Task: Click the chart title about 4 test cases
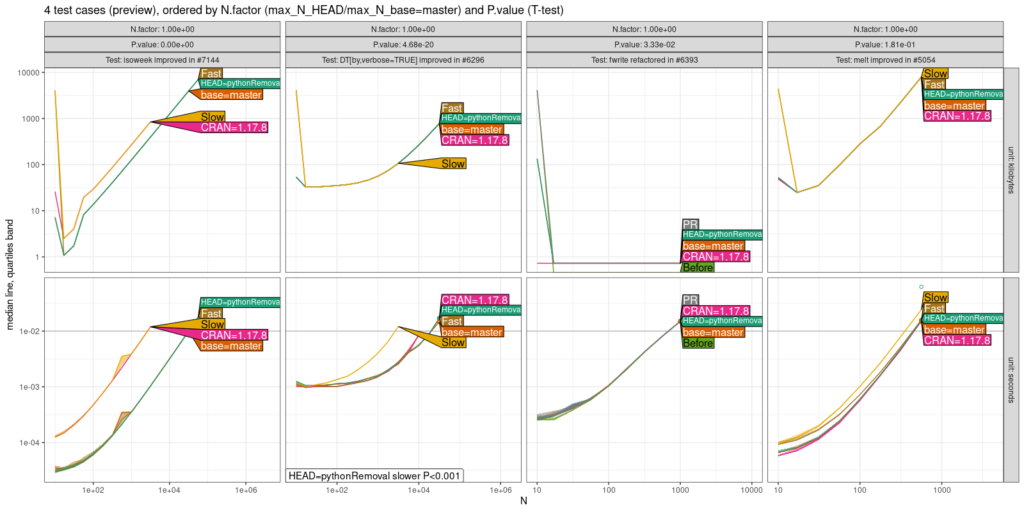[303, 10]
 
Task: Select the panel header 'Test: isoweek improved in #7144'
[162, 60]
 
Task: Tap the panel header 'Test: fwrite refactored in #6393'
[644, 60]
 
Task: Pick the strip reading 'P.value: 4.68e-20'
[403, 45]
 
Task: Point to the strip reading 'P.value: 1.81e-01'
[885, 45]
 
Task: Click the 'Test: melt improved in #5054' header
[885, 60]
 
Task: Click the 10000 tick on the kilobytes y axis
[28, 73]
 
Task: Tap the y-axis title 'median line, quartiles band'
[10, 274]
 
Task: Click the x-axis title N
[524, 500]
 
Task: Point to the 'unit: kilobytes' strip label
[1011, 170]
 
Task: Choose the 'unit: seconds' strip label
[1011, 380]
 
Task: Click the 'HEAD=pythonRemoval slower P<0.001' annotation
[374, 476]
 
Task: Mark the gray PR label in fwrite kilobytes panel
[690, 225]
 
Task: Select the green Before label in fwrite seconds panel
[698, 343]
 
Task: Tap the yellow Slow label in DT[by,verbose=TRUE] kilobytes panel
[453, 164]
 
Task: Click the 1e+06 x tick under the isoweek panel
[246, 490]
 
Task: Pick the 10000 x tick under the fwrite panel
[751, 490]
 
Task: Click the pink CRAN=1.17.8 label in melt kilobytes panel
[957, 116]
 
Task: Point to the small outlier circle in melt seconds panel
[921, 287]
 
